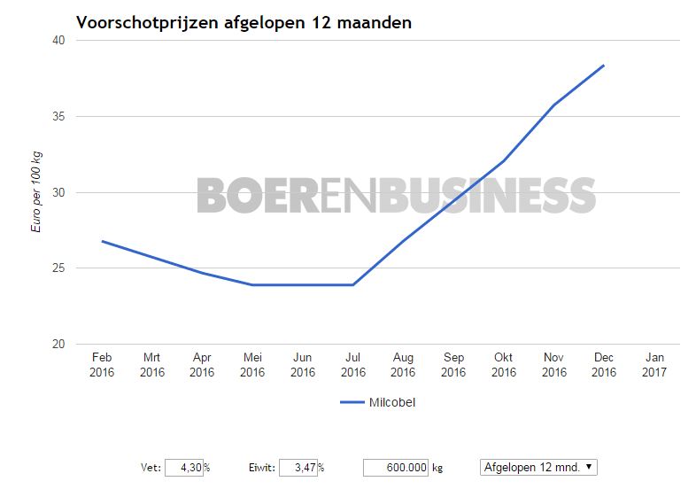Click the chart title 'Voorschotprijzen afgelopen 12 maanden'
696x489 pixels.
click(x=244, y=22)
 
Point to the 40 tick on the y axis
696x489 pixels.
click(x=58, y=41)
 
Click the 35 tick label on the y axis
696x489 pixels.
click(x=58, y=117)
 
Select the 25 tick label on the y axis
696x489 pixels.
click(x=58, y=268)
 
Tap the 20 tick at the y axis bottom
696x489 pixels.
click(x=58, y=345)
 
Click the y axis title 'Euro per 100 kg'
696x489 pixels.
click(x=36, y=192)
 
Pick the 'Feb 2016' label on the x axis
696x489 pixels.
click(x=102, y=365)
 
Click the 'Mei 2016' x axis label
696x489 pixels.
click(x=252, y=365)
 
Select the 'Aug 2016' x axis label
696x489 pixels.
click(x=403, y=365)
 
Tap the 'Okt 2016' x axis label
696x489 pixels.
click(x=504, y=365)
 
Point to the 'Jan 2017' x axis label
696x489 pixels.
click(x=654, y=365)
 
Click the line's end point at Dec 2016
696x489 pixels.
click(x=604, y=65)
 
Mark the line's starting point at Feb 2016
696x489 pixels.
click(x=102, y=241)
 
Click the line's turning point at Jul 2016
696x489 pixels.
click(x=353, y=285)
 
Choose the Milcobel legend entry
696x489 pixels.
click(x=378, y=402)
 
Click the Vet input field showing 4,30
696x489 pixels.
click(x=184, y=467)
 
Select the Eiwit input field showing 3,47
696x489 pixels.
click(x=298, y=467)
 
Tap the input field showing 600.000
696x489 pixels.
click(x=396, y=467)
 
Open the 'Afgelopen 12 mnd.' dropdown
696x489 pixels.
click(x=538, y=467)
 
